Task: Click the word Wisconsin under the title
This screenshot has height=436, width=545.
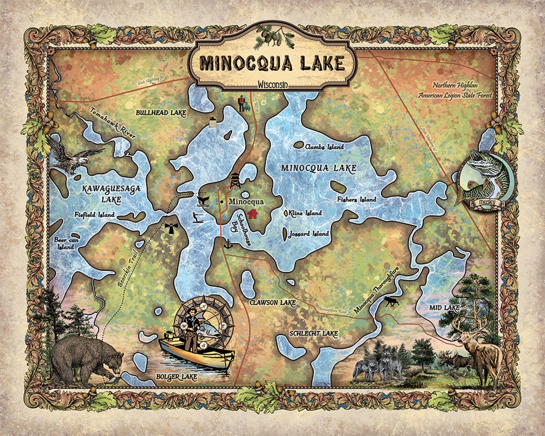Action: pos(272,84)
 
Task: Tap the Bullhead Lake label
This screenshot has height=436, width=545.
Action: pos(157,113)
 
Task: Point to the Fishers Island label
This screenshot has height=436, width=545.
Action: pos(357,200)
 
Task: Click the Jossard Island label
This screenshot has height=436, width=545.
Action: pos(309,234)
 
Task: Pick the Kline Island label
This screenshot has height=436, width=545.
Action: pos(305,213)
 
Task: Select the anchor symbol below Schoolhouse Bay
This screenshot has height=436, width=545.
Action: pos(228,244)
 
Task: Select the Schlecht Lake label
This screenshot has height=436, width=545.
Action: pos(313,334)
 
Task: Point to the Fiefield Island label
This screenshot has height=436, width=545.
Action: pos(94,214)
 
